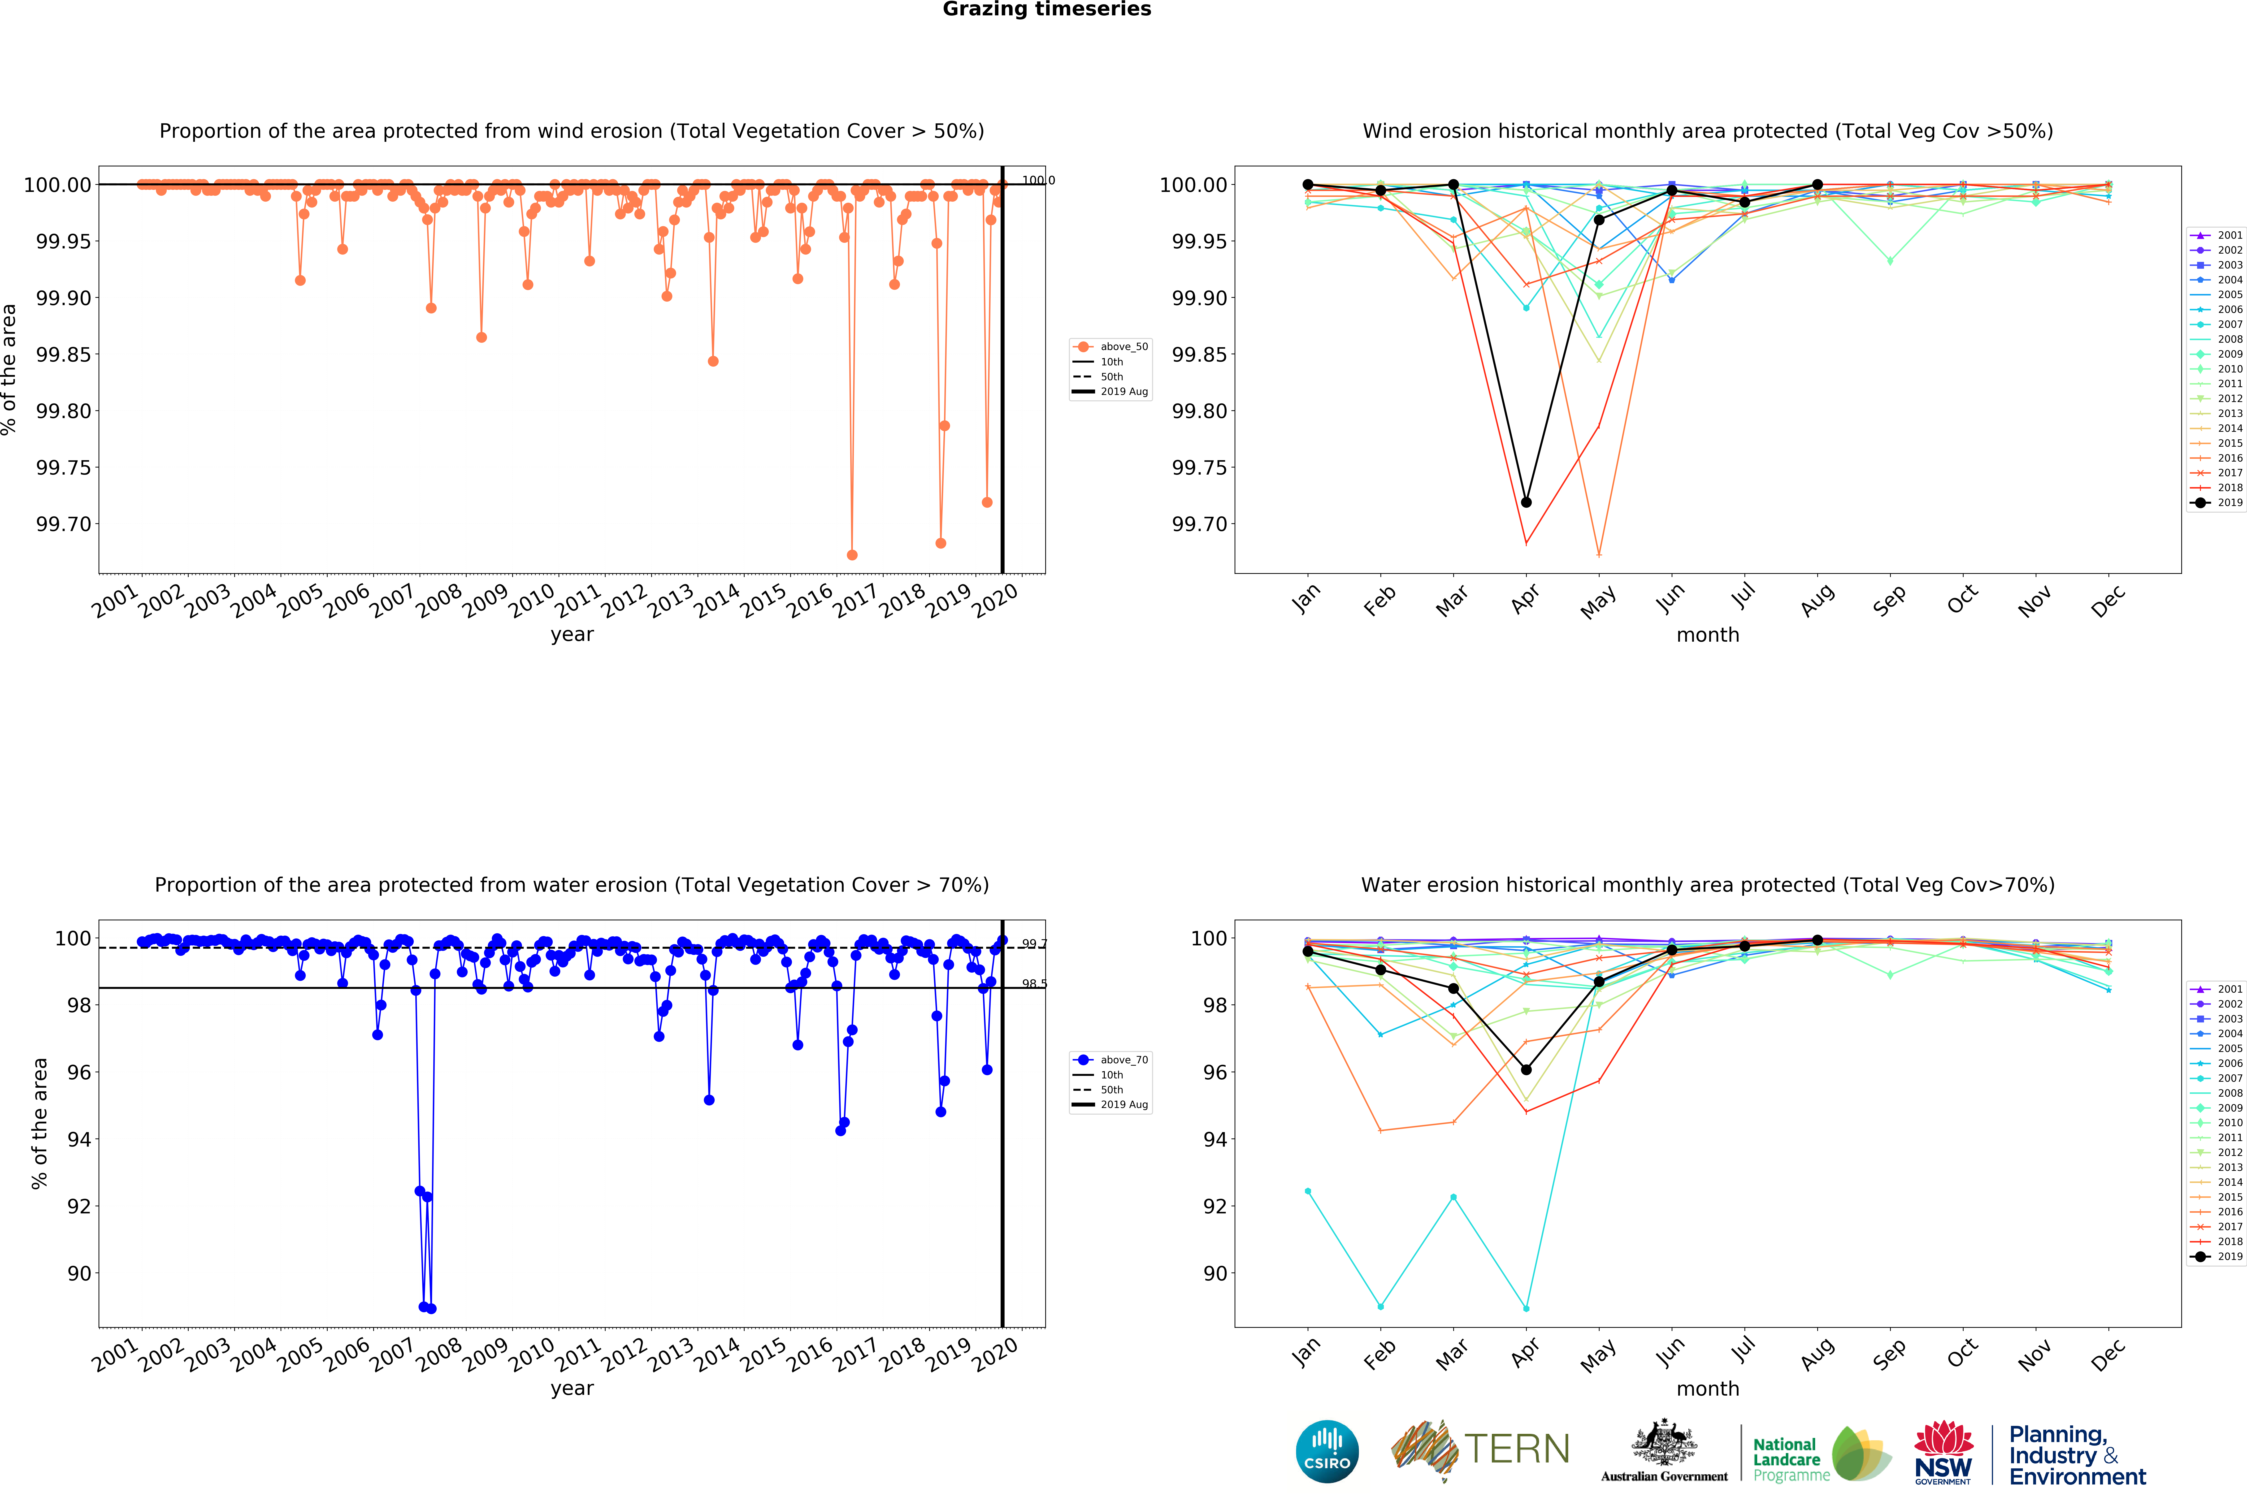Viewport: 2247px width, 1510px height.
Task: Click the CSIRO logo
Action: click(1327, 1451)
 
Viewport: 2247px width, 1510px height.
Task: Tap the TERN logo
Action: click(1480, 1449)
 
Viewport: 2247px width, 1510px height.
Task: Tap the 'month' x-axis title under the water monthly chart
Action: click(1708, 1389)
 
